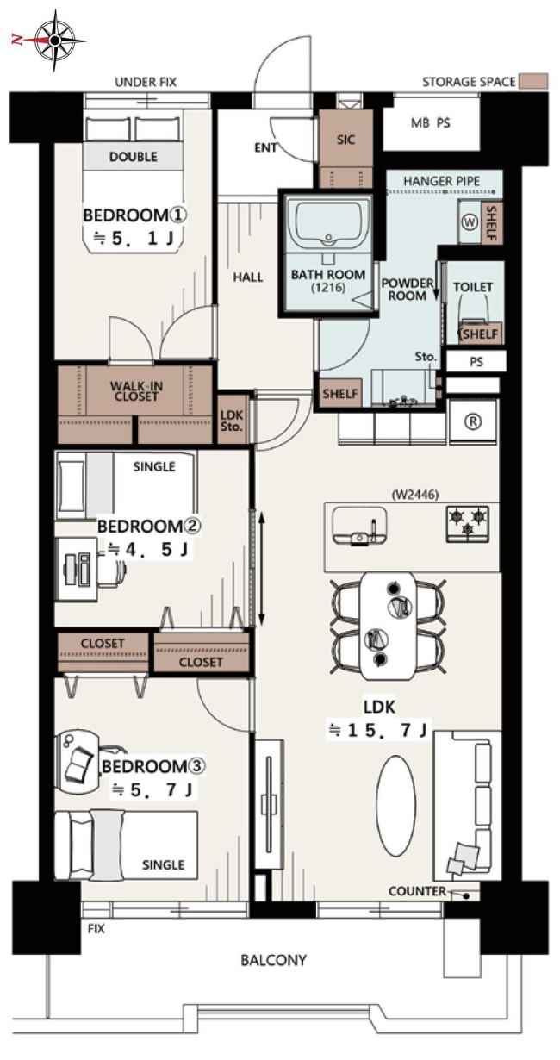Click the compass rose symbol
[54, 41]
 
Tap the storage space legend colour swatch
[533, 81]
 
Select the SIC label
[345, 140]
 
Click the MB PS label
[431, 123]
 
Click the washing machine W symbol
[470, 223]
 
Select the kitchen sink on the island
[359, 525]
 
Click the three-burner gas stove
[467, 524]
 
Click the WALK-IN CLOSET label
[136, 391]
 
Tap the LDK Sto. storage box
[232, 421]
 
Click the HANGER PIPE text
[441, 181]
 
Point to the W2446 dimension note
[415, 495]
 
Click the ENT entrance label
[265, 147]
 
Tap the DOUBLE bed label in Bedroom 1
[133, 157]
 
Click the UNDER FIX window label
[146, 83]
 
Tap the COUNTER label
[417, 892]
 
